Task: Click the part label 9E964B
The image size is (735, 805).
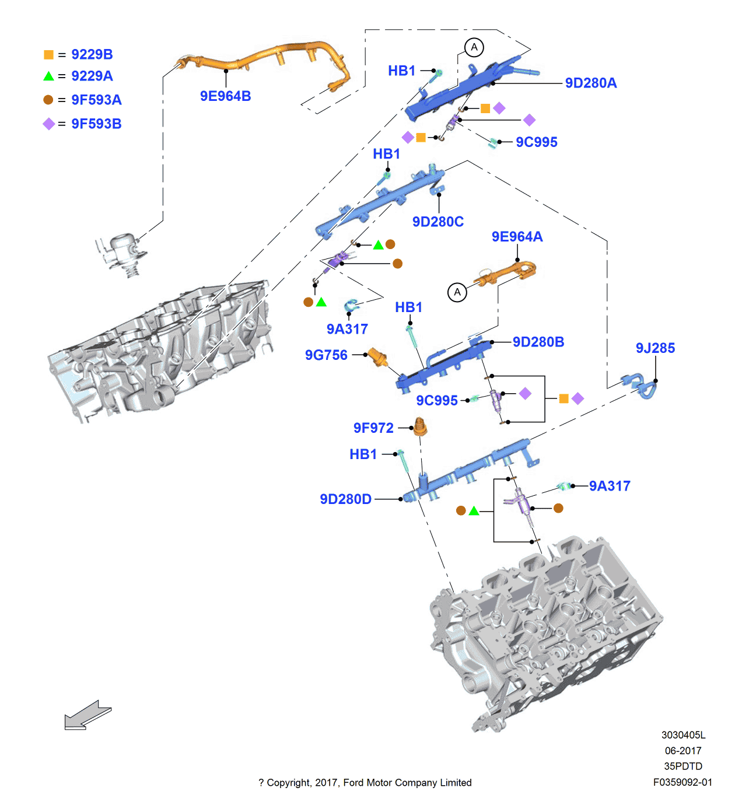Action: tap(225, 96)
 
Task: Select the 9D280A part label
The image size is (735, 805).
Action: tap(590, 83)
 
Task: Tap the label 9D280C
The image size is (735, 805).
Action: tap(437, 222)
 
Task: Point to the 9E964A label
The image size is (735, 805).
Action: tap(517, 236)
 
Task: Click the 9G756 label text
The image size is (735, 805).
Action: tap(326, 355)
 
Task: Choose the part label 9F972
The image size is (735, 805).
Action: tap(373, 428)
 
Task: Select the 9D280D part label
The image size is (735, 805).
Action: tap(345, 499)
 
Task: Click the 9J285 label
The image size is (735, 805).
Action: tap(655, 348)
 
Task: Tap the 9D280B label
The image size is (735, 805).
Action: tap(538, 342)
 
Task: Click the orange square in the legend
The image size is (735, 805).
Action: tap(48, 55)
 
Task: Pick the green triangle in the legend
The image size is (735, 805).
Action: tap(48, 76)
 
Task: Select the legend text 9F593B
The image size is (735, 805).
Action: tap(96, 124)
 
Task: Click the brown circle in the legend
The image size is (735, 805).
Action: tap(48, 100)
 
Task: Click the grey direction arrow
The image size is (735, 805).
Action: tap(87, 715)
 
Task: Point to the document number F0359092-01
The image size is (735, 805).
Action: tap(682, 782)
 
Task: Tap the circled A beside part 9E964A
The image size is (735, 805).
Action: tap(457, 292)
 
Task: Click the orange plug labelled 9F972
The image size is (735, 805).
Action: tap(419, 427)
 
